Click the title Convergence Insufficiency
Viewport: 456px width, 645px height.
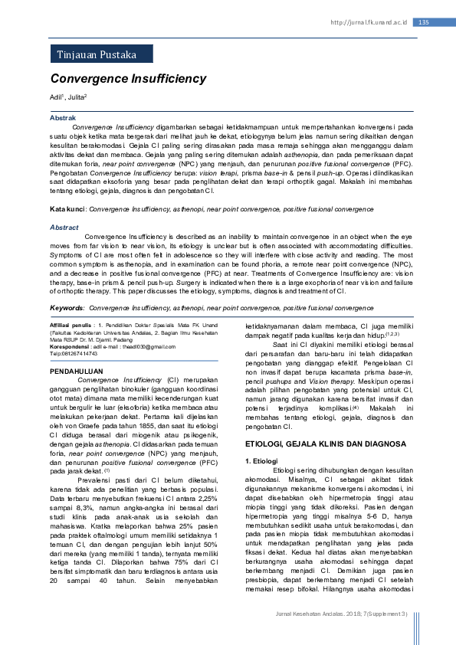[128, 79]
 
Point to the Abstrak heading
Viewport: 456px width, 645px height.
[63, 118]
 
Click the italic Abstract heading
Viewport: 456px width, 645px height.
[64, 228]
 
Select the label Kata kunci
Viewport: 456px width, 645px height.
[67, 208]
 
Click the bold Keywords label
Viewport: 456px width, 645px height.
[67, 308]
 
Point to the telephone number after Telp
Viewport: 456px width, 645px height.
[87, 354]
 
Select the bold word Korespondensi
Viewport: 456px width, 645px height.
[74, 347]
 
